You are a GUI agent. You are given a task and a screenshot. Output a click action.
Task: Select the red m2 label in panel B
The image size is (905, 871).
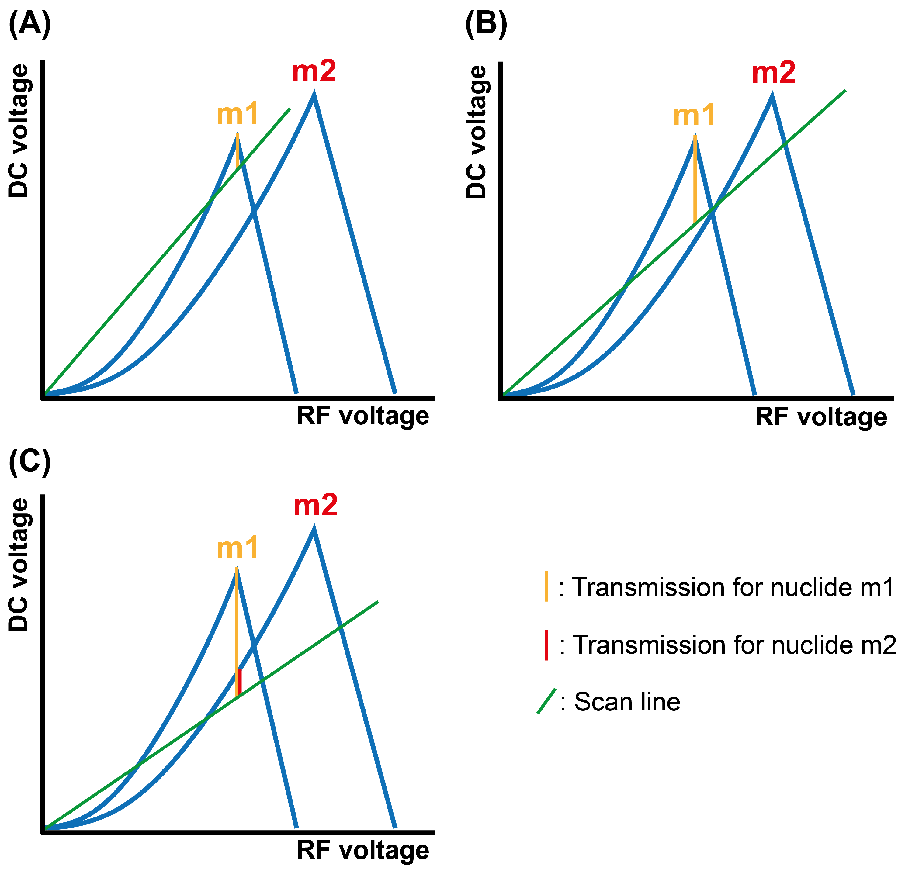click(773, 73)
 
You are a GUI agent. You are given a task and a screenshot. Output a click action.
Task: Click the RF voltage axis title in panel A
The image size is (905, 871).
click(363, 416)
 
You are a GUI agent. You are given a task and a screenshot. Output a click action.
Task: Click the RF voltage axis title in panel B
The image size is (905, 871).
click(821, 417)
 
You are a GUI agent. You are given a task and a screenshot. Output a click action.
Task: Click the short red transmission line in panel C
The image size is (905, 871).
click(240, 681)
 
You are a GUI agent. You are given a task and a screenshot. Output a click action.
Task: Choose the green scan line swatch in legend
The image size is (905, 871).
click(546, 701)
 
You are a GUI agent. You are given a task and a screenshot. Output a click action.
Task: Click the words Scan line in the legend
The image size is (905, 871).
click(627, 702)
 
